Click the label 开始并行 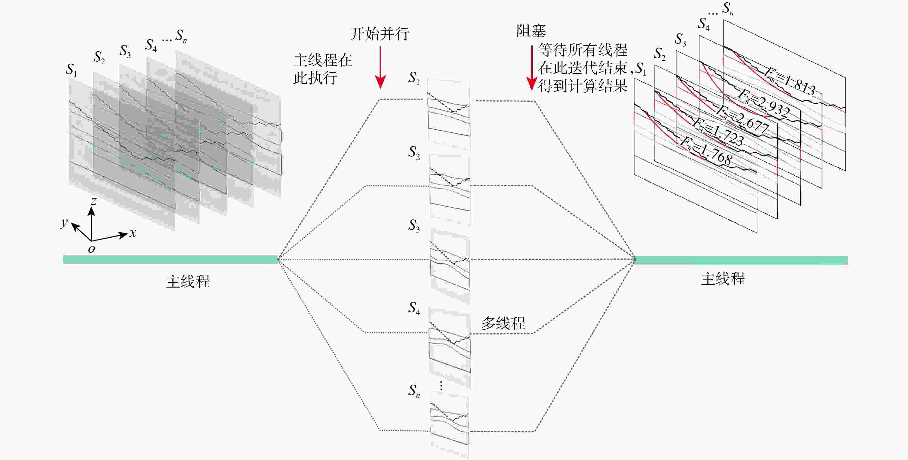click(379, 34)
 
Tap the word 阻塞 click(531, 31)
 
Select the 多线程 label click(503, 323)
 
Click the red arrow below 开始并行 click(380, 67)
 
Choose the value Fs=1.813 click(790, 82)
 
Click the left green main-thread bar click(170, 260)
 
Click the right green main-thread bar click(740, 260)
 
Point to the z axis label click(93, 201)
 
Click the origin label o click(91, 249)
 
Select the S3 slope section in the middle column click(450, 264)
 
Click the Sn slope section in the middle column click(449, 425)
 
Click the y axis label click(64, 223)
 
